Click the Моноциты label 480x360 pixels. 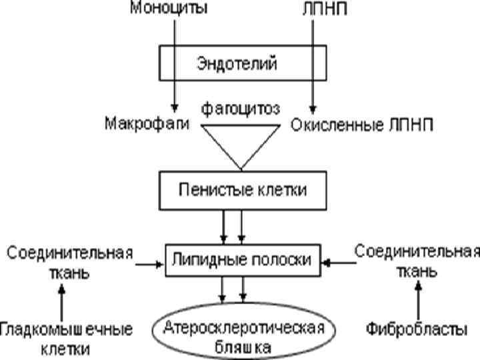168,9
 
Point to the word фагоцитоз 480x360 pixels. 241,107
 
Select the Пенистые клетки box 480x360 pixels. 241,189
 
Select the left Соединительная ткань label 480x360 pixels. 69,263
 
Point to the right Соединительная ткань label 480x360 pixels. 417,261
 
